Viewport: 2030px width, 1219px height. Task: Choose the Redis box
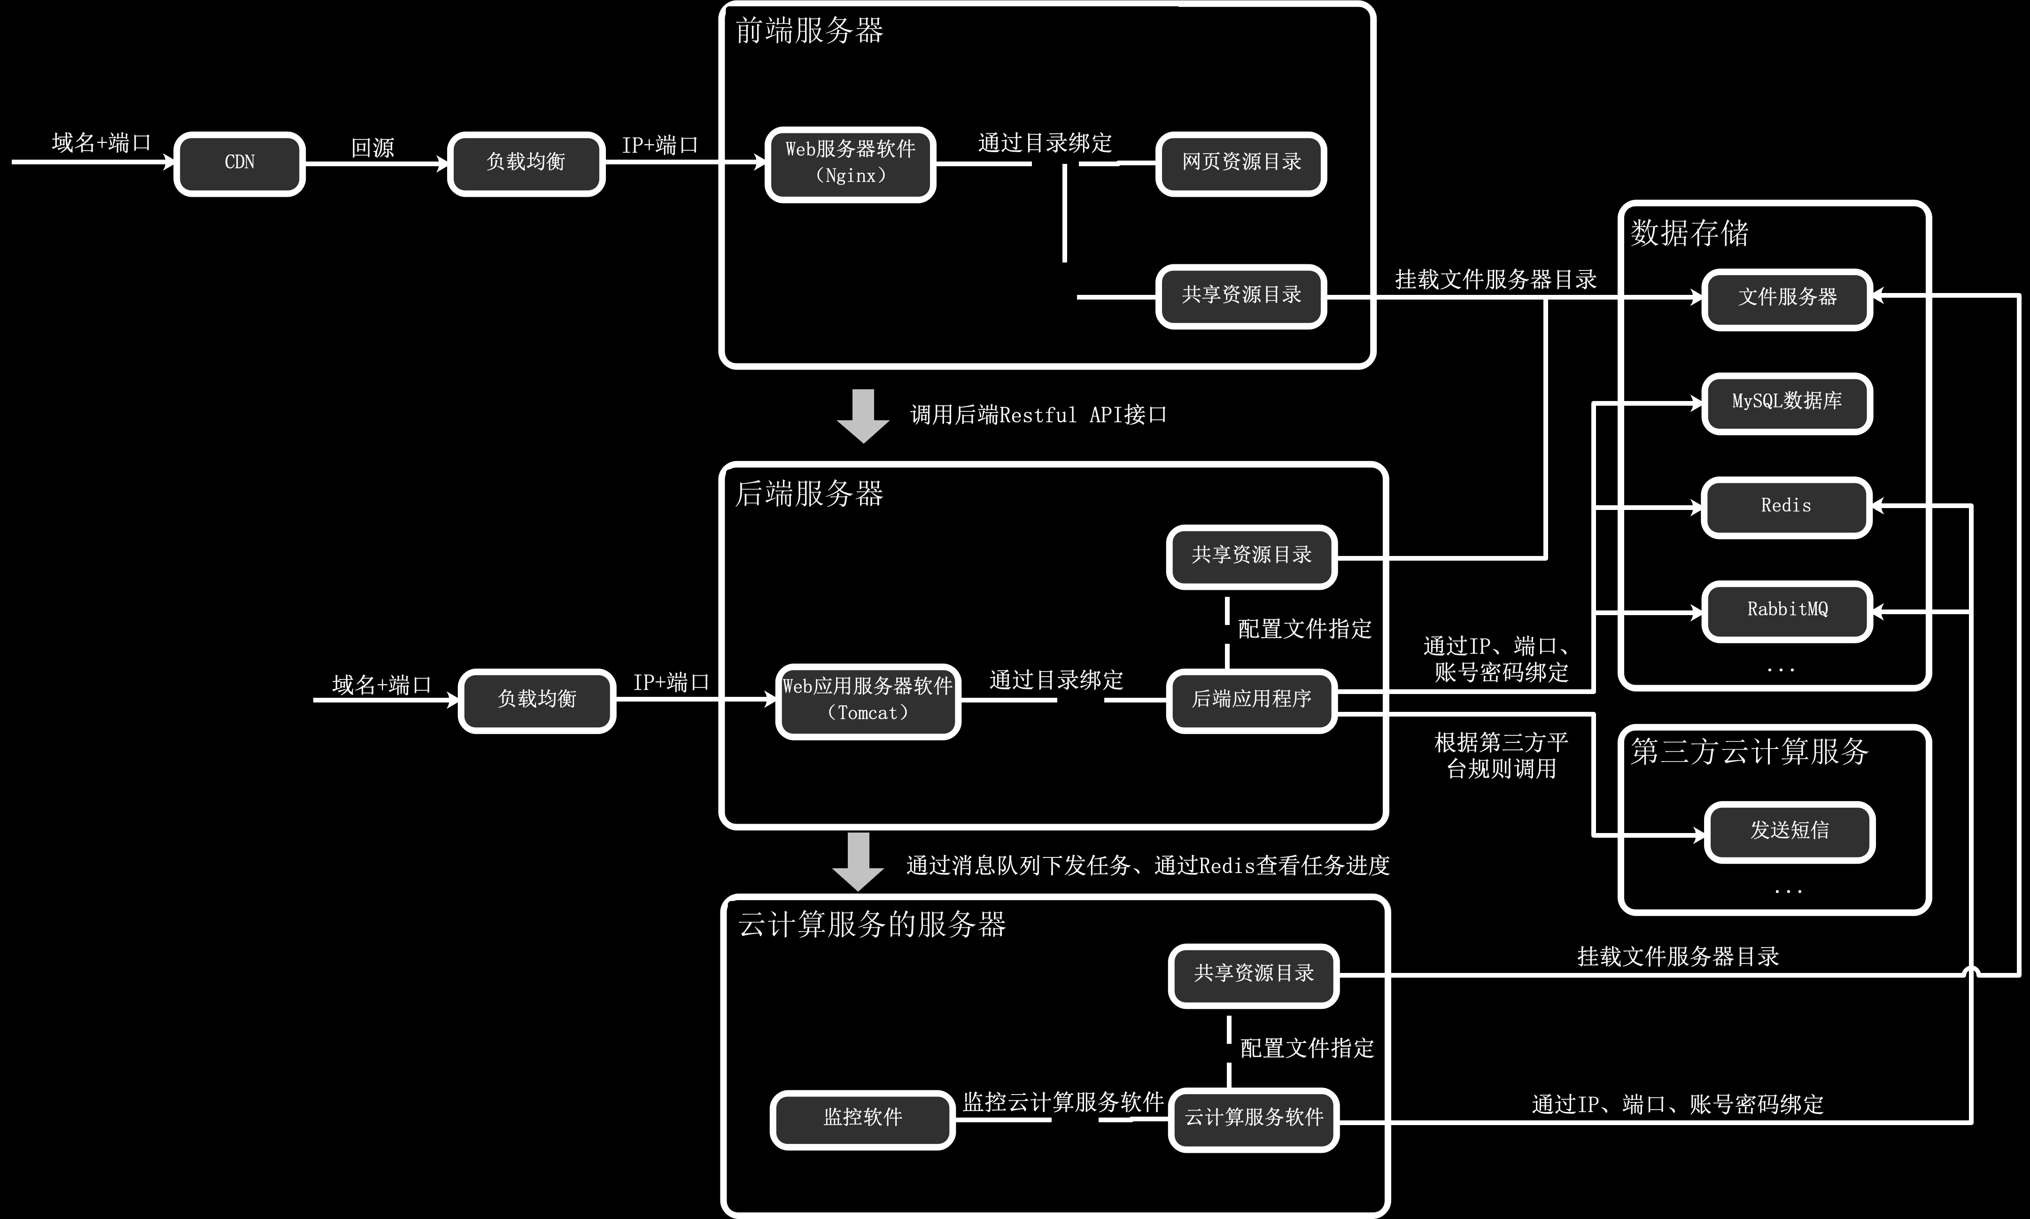pos(1787,507)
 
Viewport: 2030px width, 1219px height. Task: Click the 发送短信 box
pos(1790,831)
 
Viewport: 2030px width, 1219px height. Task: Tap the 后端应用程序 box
pos(1251,700)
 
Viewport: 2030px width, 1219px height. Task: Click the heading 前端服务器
pos(809,31)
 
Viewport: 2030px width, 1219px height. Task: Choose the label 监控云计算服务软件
pos(1063,1103)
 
